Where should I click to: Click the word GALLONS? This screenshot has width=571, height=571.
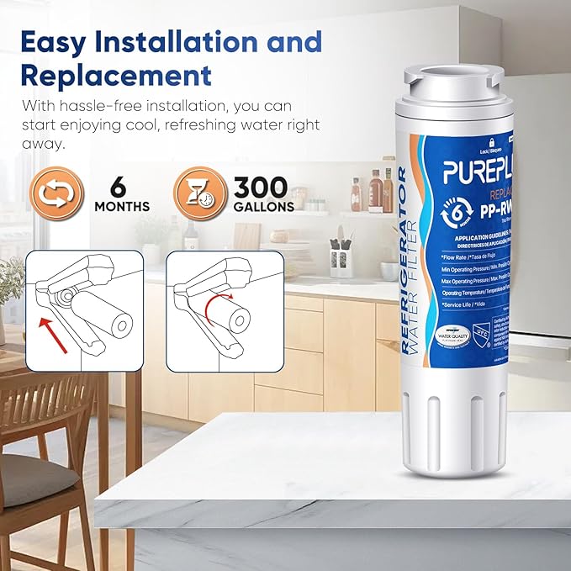264,206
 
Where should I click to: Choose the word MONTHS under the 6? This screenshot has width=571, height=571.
122,206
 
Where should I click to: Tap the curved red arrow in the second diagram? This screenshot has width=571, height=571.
219,304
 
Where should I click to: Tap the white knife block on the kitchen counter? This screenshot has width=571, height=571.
341,262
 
